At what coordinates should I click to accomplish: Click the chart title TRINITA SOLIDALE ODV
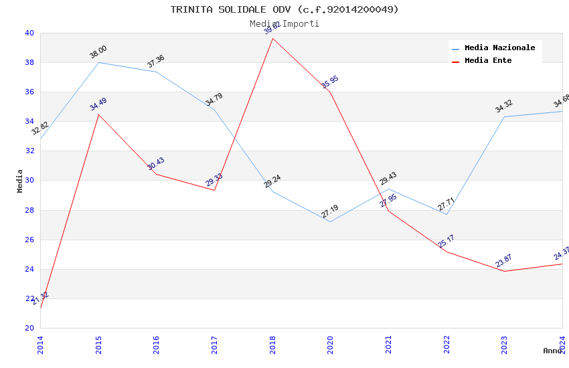tap(284, 9)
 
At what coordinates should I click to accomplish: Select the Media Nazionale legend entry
tap(499, 48)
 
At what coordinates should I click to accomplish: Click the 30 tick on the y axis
tap(29, 181)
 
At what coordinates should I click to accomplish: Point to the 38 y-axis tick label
tap(29, 63)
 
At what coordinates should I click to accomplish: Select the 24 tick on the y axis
tap(29, 269)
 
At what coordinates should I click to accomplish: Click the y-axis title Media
tap(20, 181)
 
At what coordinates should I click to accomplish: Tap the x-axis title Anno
tap(552, 351)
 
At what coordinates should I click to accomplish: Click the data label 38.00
tap(98, 52)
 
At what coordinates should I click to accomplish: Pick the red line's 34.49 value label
tap(98, 104)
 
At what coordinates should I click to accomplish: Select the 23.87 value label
tap(504, 261)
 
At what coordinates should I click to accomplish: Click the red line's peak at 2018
tap(272, 38)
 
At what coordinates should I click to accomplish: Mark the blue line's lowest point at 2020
tap(330, 222)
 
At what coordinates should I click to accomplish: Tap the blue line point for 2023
tap(504, 116)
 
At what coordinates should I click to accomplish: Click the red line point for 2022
tap(446, 252)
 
